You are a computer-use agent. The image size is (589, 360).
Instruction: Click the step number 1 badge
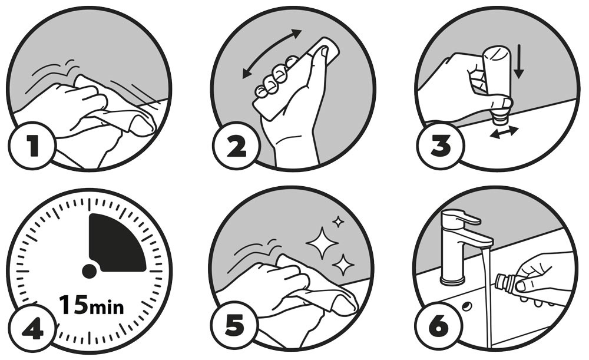32,146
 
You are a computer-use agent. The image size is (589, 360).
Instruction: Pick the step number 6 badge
438,325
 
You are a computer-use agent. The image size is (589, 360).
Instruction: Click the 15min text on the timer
91,305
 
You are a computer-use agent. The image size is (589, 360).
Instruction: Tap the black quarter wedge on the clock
117,243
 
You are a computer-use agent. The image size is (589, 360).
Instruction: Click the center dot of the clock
89,271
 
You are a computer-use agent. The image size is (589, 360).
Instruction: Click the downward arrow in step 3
518,62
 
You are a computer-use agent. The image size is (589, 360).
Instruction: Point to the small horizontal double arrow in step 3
504,133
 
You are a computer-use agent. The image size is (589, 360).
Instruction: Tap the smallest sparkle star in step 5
338,222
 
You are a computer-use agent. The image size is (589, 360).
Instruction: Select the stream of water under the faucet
487,297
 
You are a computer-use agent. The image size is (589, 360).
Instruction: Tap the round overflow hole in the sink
467,306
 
